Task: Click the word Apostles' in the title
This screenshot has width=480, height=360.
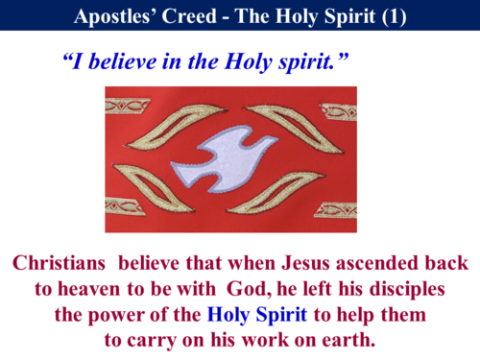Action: point(113,15)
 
